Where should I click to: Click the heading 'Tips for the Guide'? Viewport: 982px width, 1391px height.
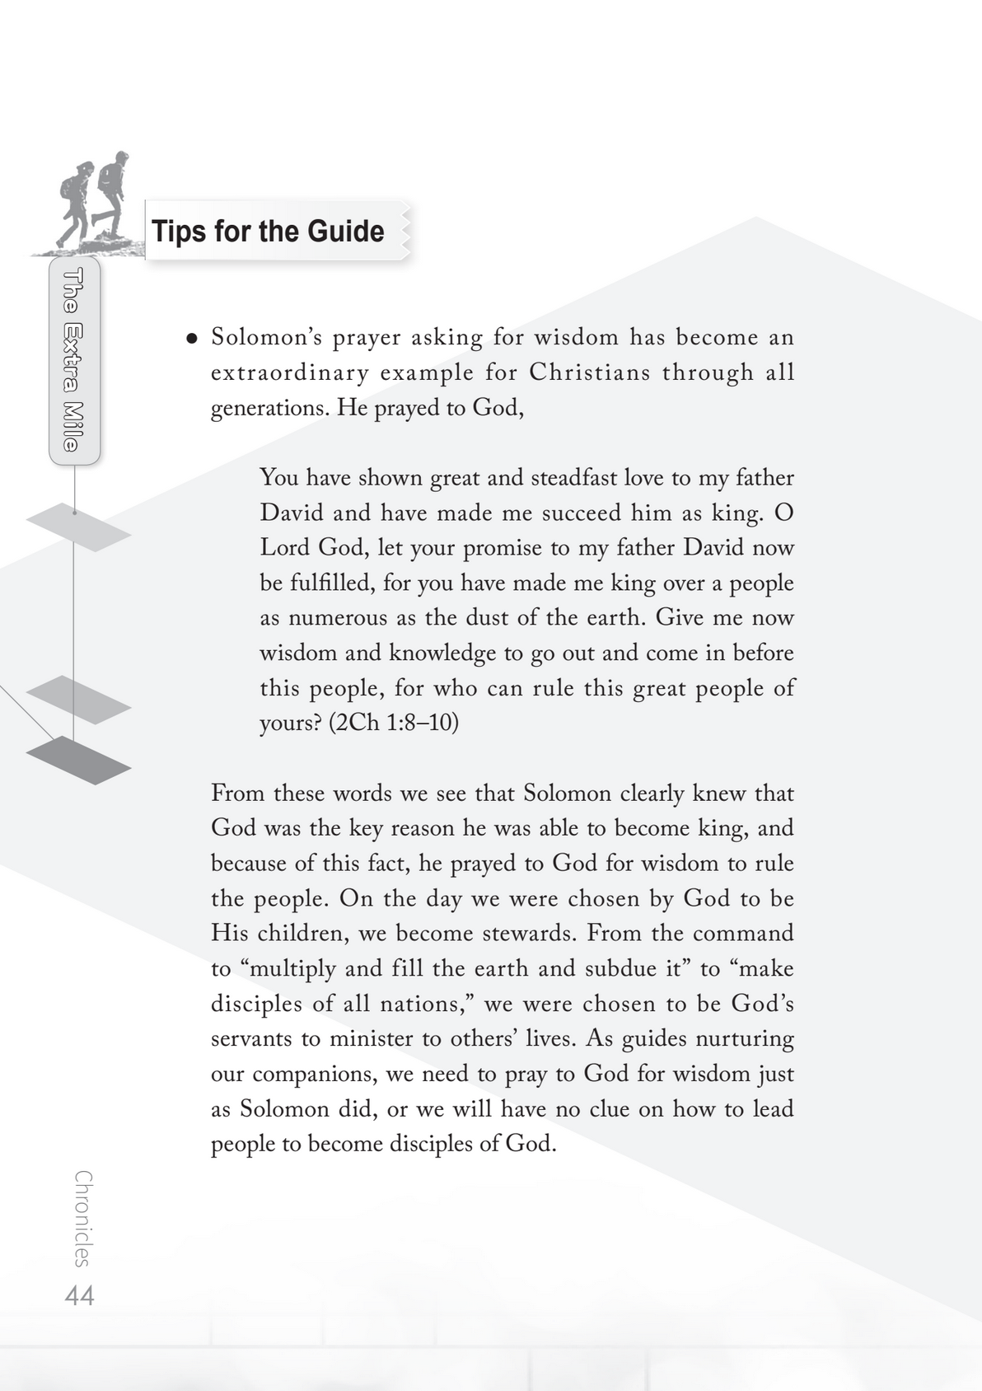(x=268, y=232)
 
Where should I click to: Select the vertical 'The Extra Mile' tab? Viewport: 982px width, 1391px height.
(x=74, y=360)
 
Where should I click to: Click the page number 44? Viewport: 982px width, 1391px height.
(x=80, y=1295)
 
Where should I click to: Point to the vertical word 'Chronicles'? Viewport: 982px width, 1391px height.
(x=82, y=1218)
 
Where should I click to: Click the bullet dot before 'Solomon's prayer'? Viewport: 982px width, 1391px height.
(x=191, y=338)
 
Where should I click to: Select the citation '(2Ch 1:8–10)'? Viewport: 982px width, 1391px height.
(x=393, y=723)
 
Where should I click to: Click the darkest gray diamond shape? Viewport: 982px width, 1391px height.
(x=78, y=760)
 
